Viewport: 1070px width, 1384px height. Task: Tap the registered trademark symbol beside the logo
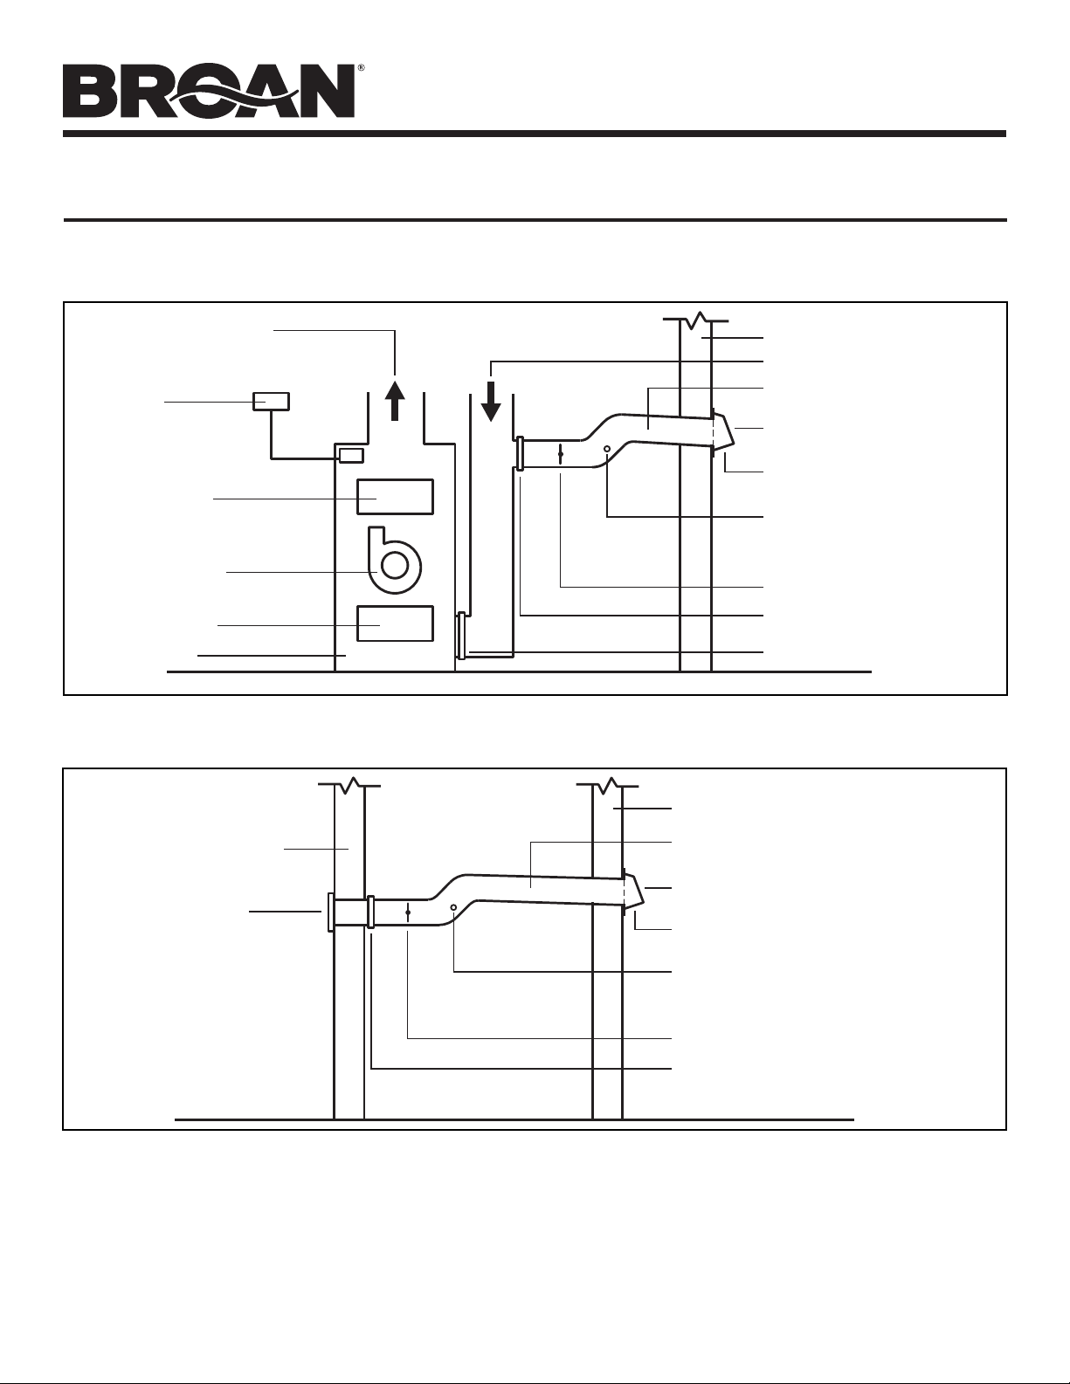[x=361, y=67]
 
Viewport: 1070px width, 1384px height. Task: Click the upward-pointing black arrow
[x=396, y=400]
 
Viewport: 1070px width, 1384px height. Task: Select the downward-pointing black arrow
[x=491, y=402]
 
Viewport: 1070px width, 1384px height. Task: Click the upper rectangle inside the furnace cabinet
[x=395, y=497]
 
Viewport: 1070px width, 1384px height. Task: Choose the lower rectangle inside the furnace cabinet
[x=395, y=623]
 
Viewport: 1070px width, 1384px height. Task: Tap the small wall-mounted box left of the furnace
[x=272, y=402]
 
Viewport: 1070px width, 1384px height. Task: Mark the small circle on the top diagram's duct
[x=607, y=449]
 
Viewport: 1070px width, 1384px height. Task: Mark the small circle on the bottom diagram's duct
[x=453, y=907]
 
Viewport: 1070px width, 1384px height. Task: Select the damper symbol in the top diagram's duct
[x=561, y=454]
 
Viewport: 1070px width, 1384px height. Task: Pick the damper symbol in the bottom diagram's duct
[x=408, y=912]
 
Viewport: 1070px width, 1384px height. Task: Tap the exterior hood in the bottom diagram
[x=634, y=892]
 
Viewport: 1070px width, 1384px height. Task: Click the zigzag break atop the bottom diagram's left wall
[x=349, y=786]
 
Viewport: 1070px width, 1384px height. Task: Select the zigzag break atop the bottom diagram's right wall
[x=607, y=786]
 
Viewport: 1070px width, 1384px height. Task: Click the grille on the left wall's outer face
[x=330, y=912]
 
